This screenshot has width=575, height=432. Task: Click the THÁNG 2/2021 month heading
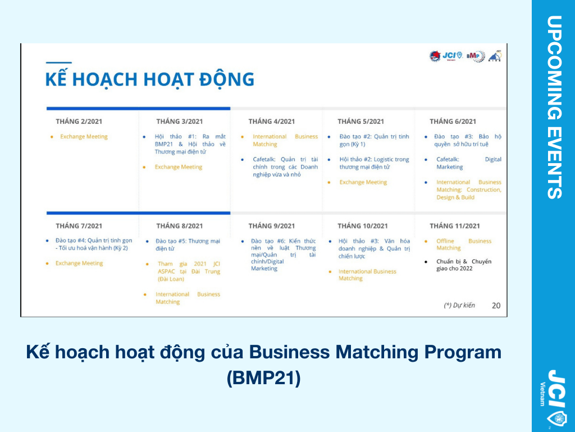point(79,121)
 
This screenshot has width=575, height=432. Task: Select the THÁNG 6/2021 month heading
point(453,121)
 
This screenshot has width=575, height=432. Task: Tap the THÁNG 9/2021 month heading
point(271,226)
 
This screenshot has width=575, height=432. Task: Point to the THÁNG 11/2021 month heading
point(455,226)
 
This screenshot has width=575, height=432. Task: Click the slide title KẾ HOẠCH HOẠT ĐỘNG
point(149,79)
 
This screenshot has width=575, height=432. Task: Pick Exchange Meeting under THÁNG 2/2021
point(84,137)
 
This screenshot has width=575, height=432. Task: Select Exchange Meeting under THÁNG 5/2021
point(363,182)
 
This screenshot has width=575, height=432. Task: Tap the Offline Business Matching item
point(464,244)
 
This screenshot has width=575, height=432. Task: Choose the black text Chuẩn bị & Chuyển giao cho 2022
point(464,265)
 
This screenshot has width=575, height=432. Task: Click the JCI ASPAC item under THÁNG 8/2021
point(189,272)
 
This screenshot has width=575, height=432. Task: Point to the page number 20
point(496,305)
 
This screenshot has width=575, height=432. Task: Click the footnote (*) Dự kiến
point(459,305)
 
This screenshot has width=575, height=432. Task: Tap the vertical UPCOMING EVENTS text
point(554,107)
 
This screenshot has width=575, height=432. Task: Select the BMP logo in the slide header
point(476,56)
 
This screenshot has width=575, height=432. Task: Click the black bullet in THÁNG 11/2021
point(426,262)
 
